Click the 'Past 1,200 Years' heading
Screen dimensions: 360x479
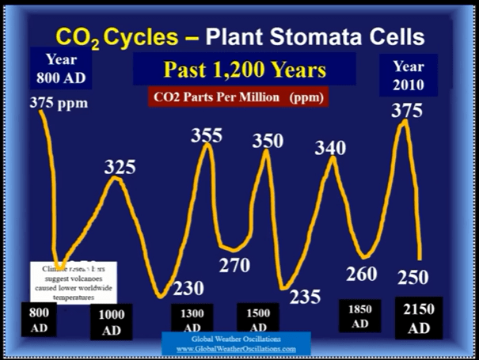(244, 70)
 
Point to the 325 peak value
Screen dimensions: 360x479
(120, 167)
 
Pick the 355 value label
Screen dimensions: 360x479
(207, 135)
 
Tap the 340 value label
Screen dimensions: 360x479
(330, 147)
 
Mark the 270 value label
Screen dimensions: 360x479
(234, 266)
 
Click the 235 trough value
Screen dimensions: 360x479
(305, 297)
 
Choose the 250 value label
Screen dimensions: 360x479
(413, 277)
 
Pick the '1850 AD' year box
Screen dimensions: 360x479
(360, 316)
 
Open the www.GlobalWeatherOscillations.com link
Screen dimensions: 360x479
(236, 348)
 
